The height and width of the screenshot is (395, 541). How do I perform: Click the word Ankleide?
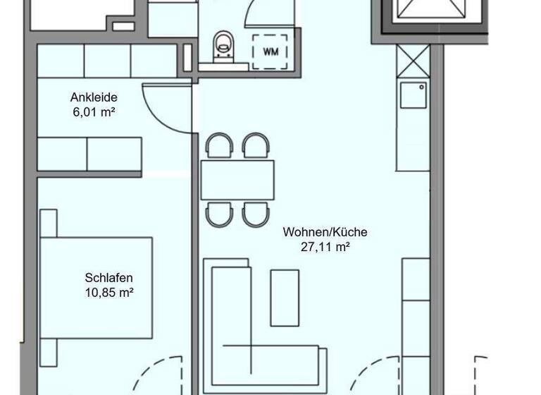point(94,97)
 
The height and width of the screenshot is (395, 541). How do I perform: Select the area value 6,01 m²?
point(94,111)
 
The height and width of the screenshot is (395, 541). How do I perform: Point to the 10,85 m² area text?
point(108,291)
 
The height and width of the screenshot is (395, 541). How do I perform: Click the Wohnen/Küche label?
point(325,232)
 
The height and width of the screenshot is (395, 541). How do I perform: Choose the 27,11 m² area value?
point(325,246)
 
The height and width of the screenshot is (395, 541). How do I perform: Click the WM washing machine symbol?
point(270,51)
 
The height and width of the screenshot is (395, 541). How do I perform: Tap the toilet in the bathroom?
point(224,44)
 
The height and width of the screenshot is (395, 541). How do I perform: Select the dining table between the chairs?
point(237,180)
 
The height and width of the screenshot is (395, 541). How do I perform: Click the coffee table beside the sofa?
point(285,297)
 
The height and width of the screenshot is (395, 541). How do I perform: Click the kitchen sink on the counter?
point(413,95)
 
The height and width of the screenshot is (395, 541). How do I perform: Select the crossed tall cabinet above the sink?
point(413,61)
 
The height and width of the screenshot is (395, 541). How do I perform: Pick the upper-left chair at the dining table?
point(218,146)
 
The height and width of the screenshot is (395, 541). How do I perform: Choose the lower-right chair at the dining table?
point(255,214)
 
